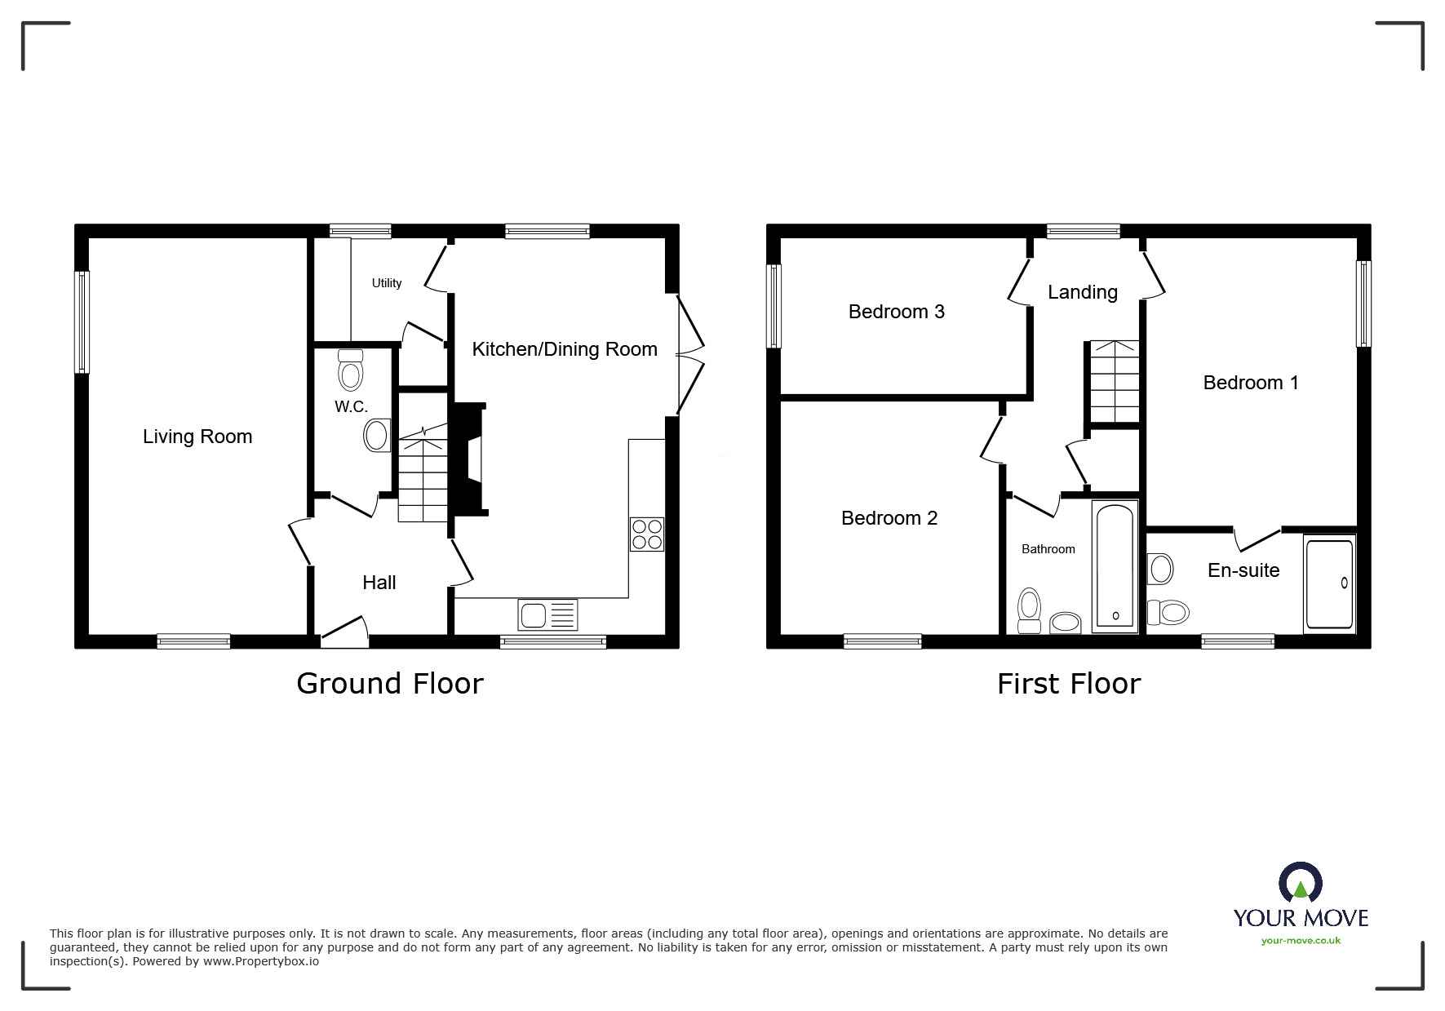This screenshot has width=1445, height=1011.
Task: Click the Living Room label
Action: (197, 437)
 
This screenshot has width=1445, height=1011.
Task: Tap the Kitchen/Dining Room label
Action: (565, 349)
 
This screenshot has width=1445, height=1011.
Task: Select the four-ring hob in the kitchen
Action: (647, 534)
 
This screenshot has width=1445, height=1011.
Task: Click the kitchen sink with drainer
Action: (547, 614)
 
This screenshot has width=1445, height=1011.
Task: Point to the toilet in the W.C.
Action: (350, 371)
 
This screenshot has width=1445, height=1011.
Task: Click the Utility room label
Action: (387, 283)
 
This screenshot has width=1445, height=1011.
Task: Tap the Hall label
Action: (379, 583)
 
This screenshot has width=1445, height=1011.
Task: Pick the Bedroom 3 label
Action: (897, 312)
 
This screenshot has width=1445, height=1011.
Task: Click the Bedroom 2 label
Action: (889, 518)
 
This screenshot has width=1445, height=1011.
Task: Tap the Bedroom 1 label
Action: (1251, 383)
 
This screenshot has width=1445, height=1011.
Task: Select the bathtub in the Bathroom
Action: (1115, 567)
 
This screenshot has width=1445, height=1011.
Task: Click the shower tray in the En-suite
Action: (1330, 583)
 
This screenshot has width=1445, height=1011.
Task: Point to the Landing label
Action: (1083, 292)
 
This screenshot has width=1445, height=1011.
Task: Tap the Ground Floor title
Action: (390, 684)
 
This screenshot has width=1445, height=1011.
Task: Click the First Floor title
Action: (1069, 684)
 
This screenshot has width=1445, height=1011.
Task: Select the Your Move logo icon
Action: (1301, 885)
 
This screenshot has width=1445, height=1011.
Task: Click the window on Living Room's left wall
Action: (82, 321)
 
